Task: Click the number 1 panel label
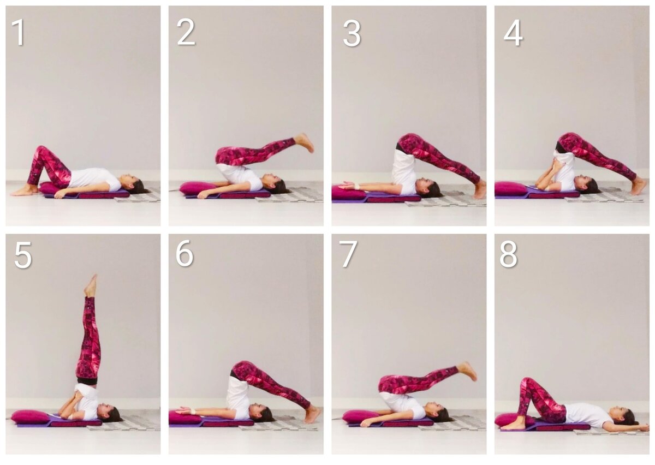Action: tap(19, 32)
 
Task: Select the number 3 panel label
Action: tap(352, 33)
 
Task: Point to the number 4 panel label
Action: tap(513, 33)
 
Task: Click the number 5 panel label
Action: tap(23, 255)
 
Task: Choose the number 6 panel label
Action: tap(184, 253)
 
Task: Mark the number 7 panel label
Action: tap(348, 254)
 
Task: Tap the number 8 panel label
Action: tap(509, 254)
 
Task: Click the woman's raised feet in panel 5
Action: tap(91, 285)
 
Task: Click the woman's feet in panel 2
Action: tap(305, 142)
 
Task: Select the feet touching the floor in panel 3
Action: tap(479, 189)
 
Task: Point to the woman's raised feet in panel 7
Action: tap(467, 371)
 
